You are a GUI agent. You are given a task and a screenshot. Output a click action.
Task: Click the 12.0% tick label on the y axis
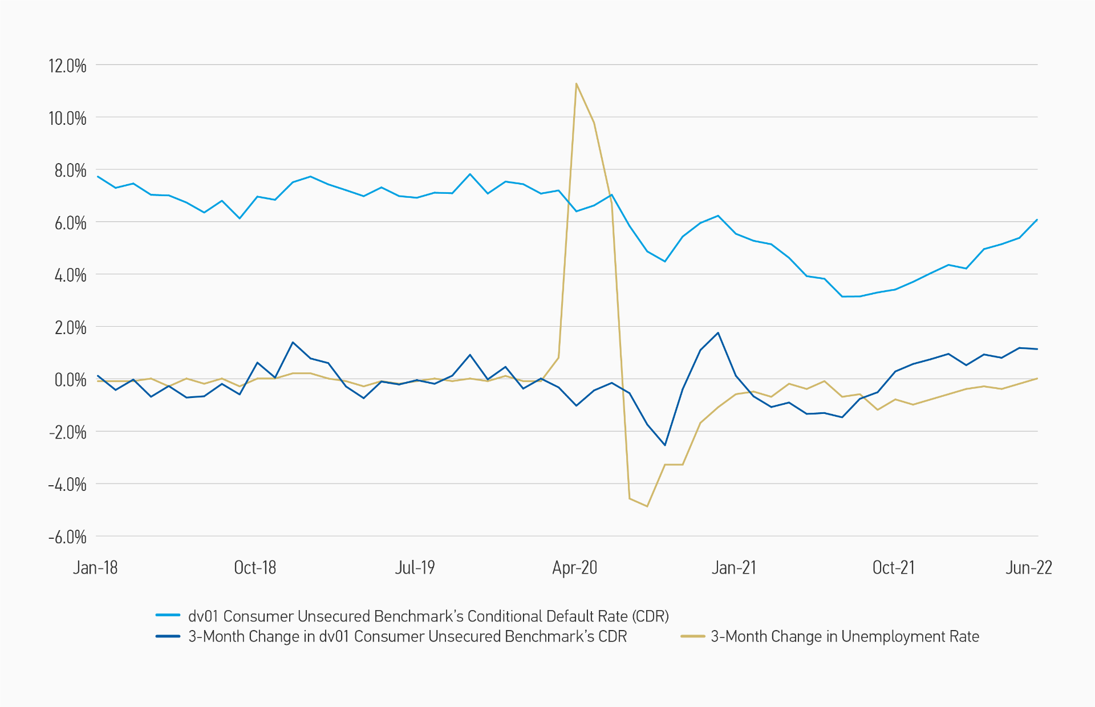[67, 66]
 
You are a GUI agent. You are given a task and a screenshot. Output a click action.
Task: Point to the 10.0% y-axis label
[67, 118]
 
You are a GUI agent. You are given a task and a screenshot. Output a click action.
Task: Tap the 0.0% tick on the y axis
[70, 380]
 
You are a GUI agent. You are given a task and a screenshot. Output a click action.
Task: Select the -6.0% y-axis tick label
[67, 537]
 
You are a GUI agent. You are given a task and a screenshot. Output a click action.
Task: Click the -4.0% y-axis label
[67, 485]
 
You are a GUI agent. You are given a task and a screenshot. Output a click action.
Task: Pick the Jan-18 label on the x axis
[95, 567]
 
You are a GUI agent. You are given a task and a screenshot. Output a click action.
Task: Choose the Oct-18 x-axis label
[255, 567]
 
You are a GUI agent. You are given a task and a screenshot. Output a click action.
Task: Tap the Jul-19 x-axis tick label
[415, 567]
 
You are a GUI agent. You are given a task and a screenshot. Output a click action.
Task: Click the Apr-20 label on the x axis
[574, 567]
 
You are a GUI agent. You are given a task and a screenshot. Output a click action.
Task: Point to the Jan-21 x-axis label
[733, 567]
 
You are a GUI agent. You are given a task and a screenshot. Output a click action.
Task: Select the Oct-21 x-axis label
[893, 567]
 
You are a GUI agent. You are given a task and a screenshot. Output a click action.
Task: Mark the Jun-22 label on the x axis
[1028, 567]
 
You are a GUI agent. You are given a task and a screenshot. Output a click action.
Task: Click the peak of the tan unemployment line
[576, 84]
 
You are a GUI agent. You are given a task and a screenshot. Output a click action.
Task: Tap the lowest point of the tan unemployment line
[647, 506]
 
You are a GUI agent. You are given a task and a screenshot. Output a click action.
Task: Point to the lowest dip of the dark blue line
[665, 445]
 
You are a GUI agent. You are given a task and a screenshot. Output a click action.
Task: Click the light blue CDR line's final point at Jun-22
[1037, 220]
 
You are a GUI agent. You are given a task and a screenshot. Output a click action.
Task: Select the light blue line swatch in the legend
[168, 616]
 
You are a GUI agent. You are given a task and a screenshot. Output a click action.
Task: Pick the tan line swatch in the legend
[692, 636]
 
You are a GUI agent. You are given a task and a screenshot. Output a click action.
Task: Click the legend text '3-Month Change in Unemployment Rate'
[845, 636]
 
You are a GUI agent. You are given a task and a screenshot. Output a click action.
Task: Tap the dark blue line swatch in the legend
[168, 636]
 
